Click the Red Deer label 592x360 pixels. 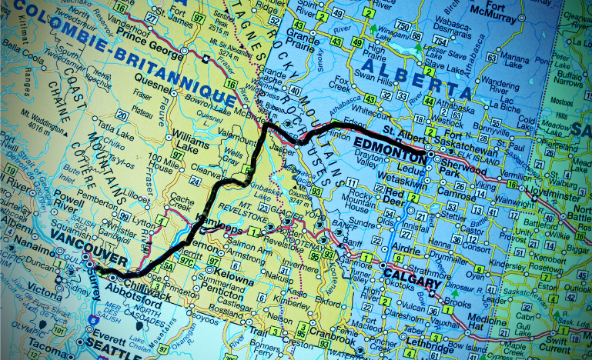pos(396,195)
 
